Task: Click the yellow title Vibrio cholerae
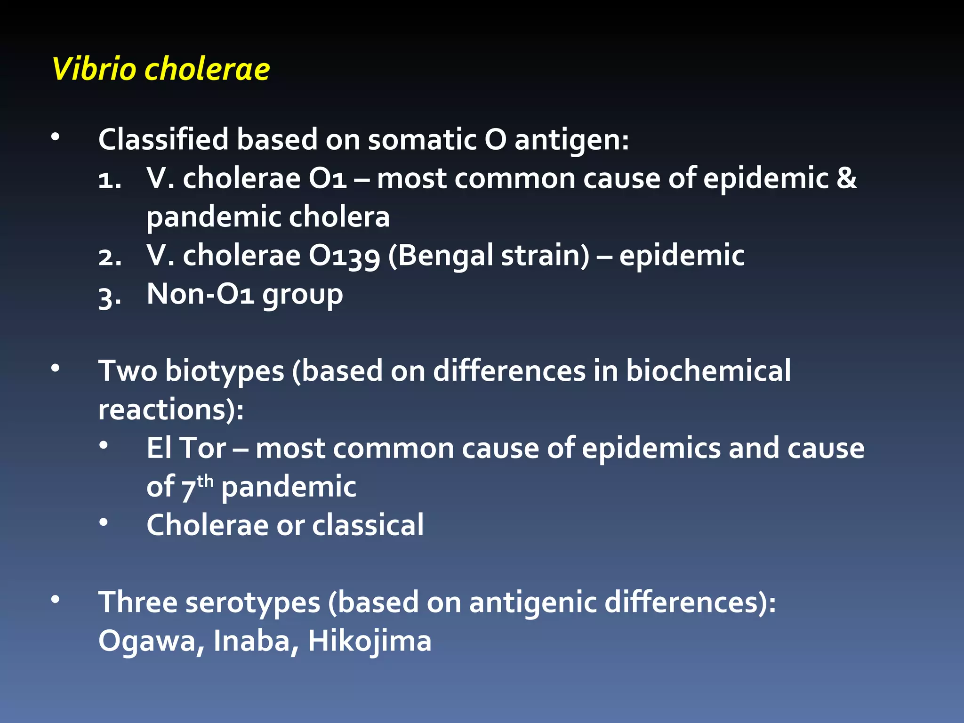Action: tap(161, 69)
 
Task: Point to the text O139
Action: tap(344, 256)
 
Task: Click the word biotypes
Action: tap(225, 371)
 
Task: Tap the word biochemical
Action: tap(708, 371)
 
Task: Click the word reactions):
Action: tap(171, 410)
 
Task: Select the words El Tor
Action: tap(186, 448)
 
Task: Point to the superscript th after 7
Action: tap(205, 481)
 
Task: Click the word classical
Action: tap(368, 525)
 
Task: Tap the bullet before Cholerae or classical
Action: tap(104, 522)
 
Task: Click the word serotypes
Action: tap(253, 602)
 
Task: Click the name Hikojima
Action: tap(370, 641)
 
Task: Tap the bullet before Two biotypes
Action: tap(56, 368)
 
